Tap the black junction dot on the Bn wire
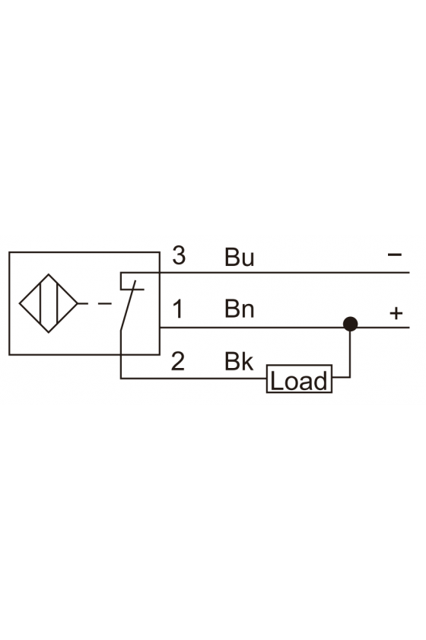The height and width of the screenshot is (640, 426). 350,324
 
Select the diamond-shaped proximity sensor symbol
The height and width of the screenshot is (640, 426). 49,303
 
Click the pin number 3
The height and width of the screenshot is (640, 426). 179,255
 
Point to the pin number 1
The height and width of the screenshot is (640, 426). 178,309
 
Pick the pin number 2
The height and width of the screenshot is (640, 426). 178,361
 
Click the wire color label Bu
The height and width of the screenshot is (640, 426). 240,258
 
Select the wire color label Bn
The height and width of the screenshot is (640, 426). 240,309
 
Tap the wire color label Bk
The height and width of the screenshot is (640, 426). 239,361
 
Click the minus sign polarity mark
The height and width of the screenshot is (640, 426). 395,255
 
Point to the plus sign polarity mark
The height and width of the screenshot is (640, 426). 396,313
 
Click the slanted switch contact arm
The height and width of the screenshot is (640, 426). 128,306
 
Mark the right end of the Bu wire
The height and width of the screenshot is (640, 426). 409,272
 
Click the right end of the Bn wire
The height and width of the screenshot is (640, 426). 409,328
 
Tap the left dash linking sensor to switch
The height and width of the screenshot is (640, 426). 82,303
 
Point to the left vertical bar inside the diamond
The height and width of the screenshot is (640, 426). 40,303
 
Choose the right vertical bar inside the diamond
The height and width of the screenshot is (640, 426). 58,303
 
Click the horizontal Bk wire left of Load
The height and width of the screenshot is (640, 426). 194,379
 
